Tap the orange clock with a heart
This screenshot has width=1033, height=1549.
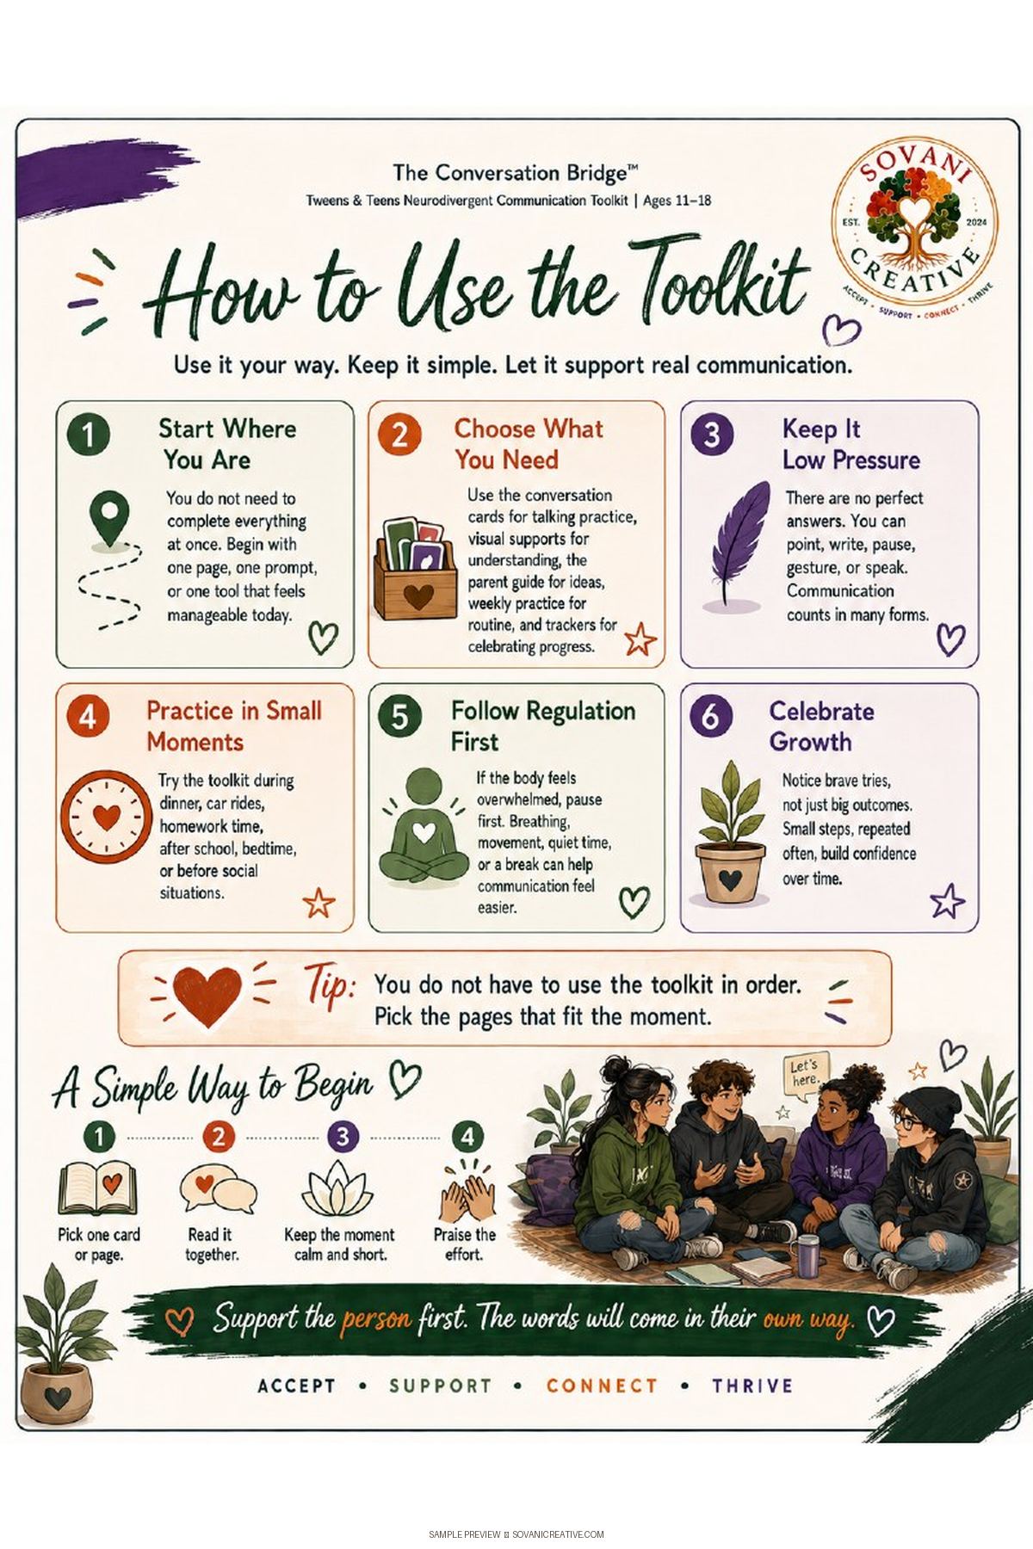coord(106,817)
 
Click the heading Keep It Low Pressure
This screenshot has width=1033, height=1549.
coord(851,444)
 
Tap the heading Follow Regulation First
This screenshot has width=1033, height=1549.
coord(542,726)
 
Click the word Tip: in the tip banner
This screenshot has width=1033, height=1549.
coord(329,986)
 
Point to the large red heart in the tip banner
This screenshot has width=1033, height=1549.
coord(207,996)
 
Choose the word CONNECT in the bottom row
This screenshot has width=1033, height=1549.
coord(602,1385)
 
